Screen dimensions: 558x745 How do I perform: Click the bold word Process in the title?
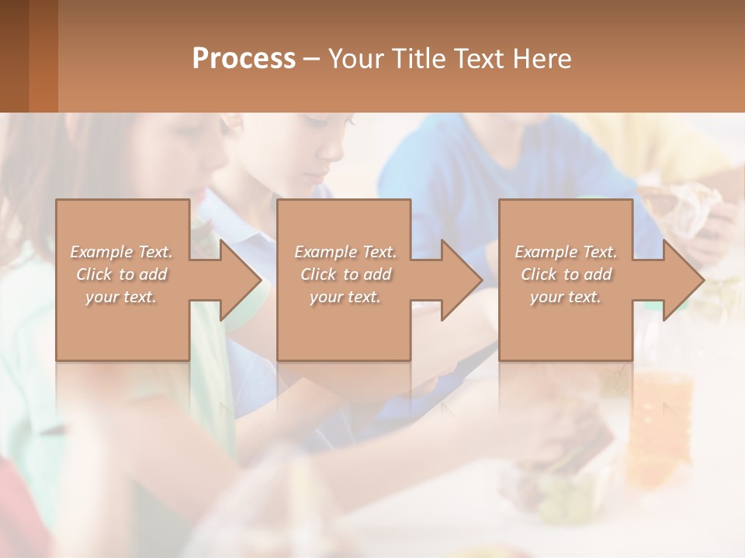[244, 59]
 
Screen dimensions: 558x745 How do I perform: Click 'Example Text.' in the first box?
[121, 252]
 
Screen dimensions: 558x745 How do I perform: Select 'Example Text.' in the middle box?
[345, 252]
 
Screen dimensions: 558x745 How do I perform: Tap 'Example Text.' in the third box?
[566, 252]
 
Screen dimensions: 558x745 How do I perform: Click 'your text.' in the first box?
[121, 297]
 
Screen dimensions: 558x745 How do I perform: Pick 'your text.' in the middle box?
[345, 297]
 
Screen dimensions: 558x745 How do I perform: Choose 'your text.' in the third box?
[566, 297]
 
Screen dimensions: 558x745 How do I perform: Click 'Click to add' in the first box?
[121, 274]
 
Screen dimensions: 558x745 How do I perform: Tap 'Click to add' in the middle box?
[345, 274]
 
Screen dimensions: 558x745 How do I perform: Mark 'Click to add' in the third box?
[566, 274]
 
